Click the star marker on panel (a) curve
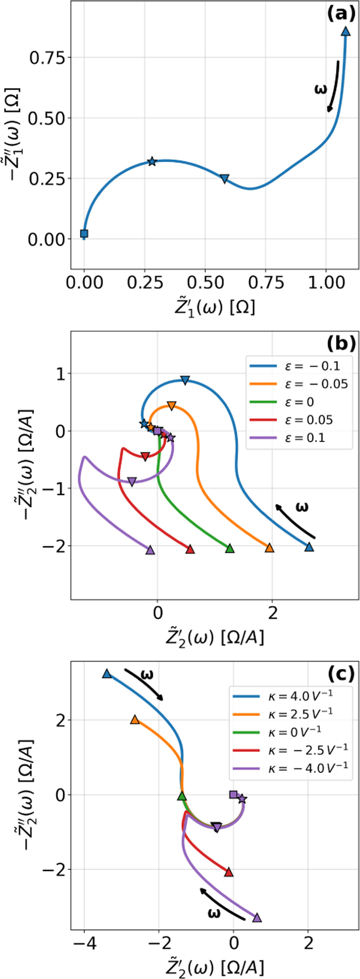pos(152,161)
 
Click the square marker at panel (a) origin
pos(84,234)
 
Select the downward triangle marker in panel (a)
pos(224,179)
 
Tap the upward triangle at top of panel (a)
pos(345,31)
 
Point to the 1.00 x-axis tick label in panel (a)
pos(326,282)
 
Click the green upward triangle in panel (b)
pos(230,548)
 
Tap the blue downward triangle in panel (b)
pos(185,380)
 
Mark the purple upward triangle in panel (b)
pos(150,550)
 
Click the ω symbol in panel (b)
pos(301,508)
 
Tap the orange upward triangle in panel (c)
pos(135,719)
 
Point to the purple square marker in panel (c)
pos(233,794)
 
